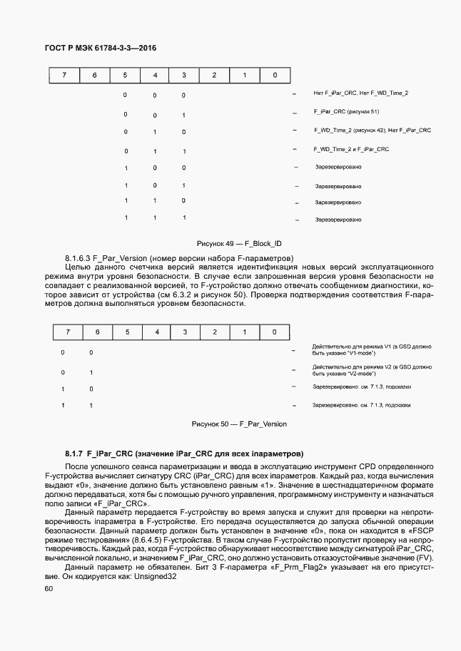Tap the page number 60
49,588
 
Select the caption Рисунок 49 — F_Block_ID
239,243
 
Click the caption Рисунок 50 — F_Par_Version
239,424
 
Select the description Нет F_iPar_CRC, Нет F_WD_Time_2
361,93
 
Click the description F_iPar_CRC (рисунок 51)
346,113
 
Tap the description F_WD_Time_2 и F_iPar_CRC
351,149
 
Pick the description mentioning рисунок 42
372,130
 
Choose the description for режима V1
372,349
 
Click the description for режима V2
372,370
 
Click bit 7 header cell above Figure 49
64,75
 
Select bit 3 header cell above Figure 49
183,75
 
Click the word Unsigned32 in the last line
153,578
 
